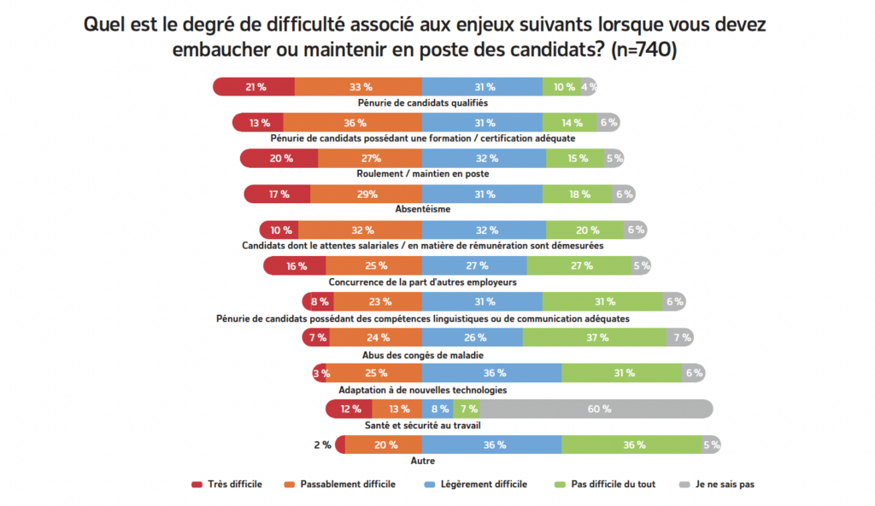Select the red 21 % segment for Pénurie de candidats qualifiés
254,86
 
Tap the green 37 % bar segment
595,337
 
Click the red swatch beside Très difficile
197,485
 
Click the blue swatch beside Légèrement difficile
432,485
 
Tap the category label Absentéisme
422,209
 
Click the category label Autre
422,461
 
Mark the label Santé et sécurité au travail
422,425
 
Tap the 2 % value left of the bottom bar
322,445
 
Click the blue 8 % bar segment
440,409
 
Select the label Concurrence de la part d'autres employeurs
422,282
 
